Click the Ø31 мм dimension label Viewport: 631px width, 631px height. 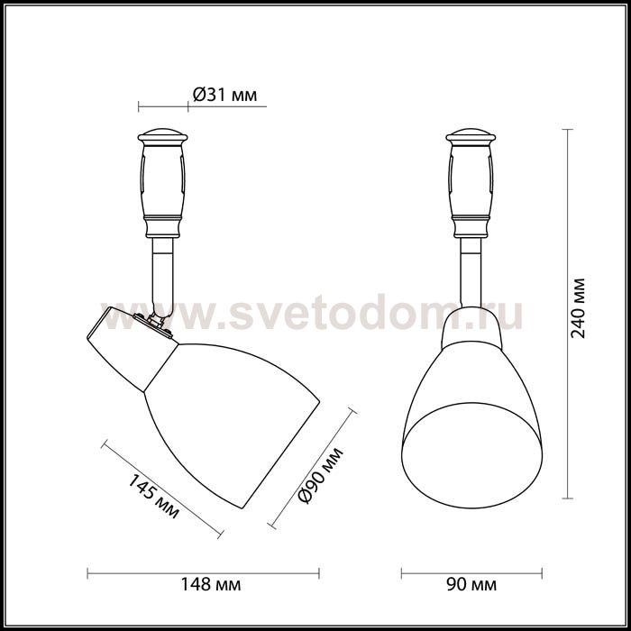pos(225,94)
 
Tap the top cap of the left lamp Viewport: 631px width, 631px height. pos(164,138)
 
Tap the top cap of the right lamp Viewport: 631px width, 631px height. pos(472,138)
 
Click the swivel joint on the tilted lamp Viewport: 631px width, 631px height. pos(159,317)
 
